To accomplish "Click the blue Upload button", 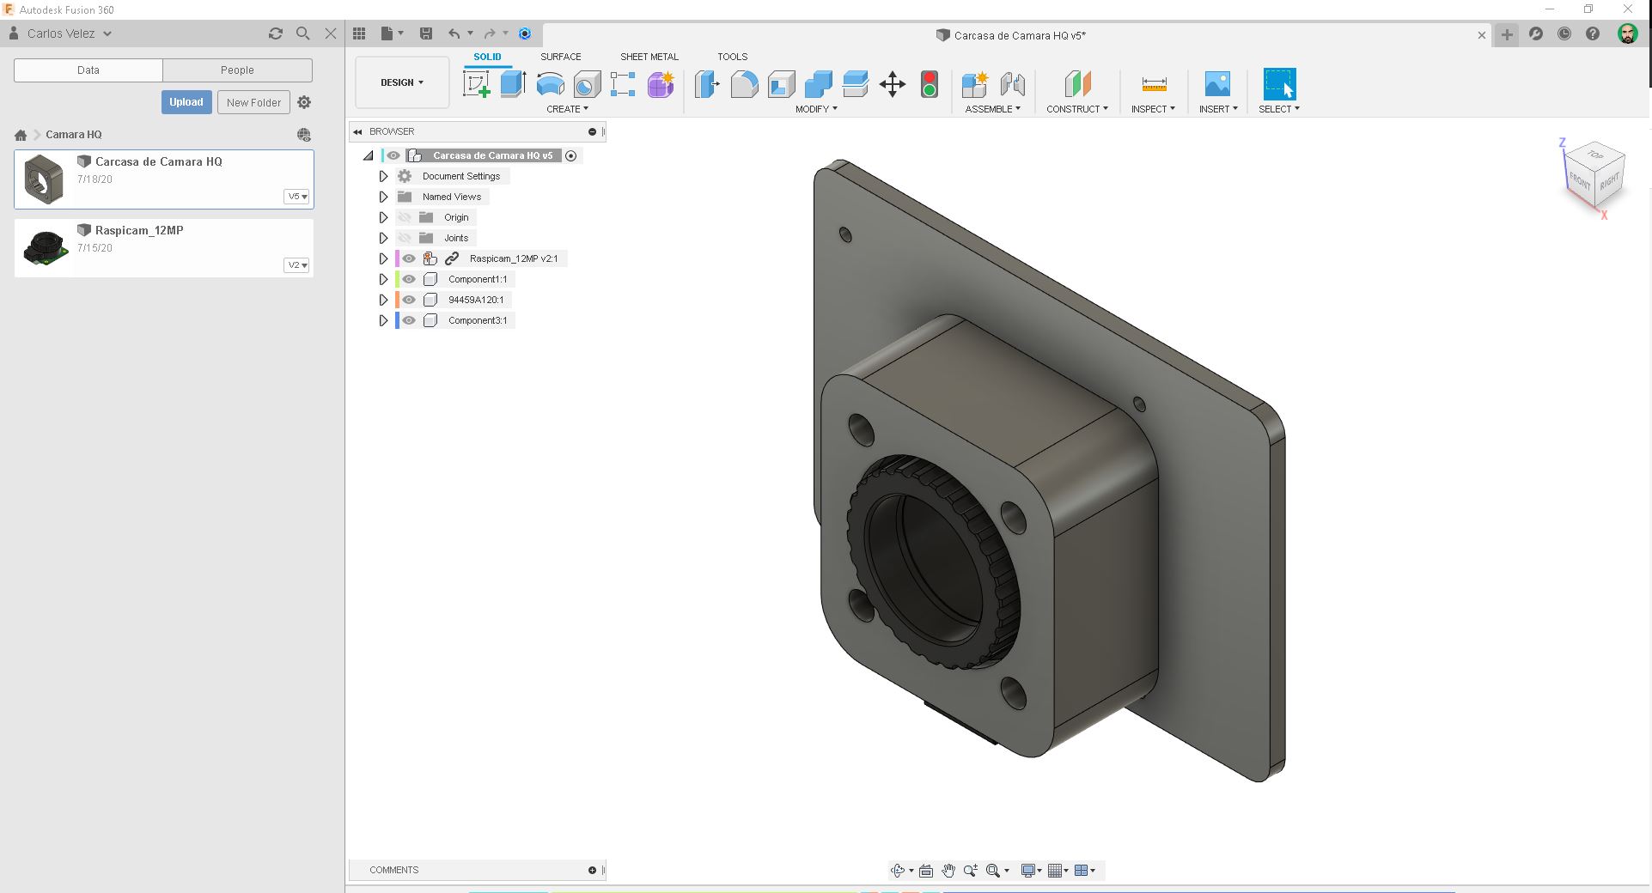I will pyautogui.click(x=186, y=102).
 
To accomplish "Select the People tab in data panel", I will pyautogui.click(x=237, y=70).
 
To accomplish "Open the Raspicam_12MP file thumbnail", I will pyautogui.click(x=45, y=248).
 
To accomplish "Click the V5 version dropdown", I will pyautogui.click(x=297, y=197).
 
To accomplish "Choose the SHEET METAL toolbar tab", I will pyautogui.click(x=649, y=57).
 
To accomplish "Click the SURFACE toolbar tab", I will pyautogui.click(x=560, y=57).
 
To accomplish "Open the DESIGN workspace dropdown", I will pyautogui.click(x=402, y=82).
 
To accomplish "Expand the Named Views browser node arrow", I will pyautogui.click(x=384, y=197).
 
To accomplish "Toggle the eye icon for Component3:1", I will pyautogui.click(x=409, y=320).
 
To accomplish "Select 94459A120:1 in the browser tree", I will pyautogui.click(x=475, y=300).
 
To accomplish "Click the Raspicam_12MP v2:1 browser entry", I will pyautogui.click(x=513, y=258).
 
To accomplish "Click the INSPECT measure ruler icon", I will pyautogui.click(x=1154, y=84).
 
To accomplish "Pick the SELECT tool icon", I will pyautogui.click(x=1278, y=84).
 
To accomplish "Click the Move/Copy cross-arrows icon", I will pyautogui.click(x=893, y=84).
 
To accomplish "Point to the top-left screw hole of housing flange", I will pyautogui.click(x=861, y=428).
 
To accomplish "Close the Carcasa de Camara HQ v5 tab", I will pyautogui.click(x=1481, y=35).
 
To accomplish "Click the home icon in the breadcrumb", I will pyautogui.click(x=21, y=135).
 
